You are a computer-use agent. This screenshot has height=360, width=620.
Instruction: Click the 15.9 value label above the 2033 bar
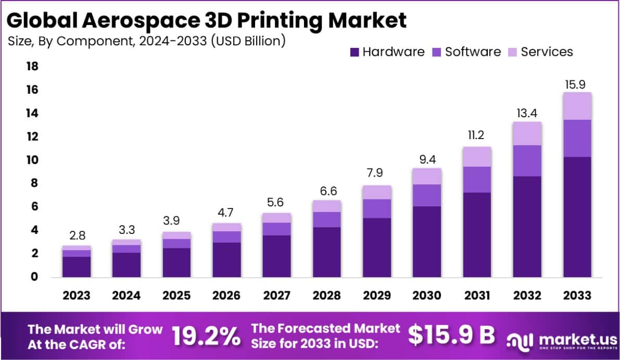[x=577, y=84]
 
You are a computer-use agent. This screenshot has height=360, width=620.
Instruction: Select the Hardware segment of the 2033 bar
[x=577, y=216]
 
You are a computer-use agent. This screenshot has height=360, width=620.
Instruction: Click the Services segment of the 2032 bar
[x=527, y=133]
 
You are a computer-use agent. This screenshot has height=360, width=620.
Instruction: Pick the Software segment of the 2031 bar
[x=477, y=180]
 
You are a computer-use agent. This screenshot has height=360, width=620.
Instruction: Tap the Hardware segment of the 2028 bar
[x=326, y=252]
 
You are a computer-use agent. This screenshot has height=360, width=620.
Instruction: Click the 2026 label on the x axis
[x=226, y=295]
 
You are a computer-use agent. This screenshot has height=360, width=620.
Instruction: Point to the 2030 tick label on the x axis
[x=427, y=295]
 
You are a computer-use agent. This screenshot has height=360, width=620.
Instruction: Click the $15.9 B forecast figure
[x=451, y=336]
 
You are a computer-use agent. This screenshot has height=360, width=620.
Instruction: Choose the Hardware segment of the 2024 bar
[x=126, y=264]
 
